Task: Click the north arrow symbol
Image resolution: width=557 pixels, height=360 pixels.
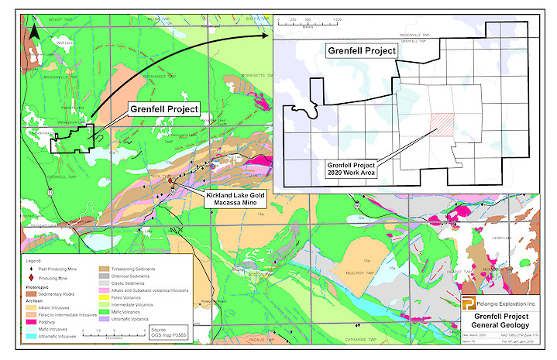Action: click(x=33, y=30)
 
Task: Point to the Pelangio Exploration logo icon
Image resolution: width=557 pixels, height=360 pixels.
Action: click(x=469, y=303)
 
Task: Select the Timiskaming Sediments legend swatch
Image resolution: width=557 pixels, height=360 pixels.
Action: click(x=105, y=269)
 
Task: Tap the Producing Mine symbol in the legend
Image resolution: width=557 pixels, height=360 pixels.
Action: click(x=32, y=277)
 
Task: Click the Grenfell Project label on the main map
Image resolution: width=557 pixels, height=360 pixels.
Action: click(x=163, y=110)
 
